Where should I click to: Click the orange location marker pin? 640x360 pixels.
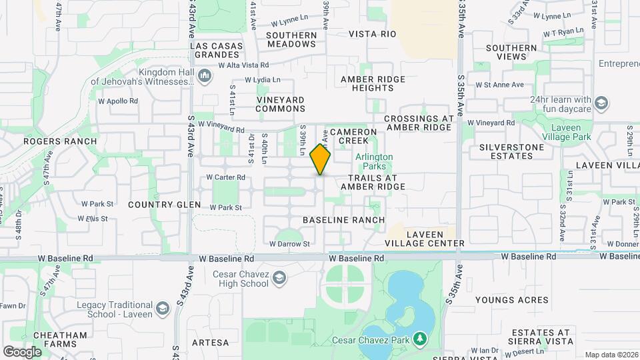[321, 159]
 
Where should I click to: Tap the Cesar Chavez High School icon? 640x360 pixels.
[280, 277]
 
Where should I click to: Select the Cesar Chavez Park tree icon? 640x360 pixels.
[419, 340]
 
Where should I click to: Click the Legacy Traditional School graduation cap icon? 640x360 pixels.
[162, 309]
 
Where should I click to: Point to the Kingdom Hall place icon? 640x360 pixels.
[204, 77]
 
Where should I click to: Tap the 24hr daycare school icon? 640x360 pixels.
[602, 103]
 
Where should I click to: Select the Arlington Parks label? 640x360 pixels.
[373, 161]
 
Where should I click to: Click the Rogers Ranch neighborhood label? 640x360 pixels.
[60, 141]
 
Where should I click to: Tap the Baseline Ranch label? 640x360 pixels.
[343, 219]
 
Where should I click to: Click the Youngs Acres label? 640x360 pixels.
[512, 300]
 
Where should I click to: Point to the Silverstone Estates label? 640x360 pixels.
[506, 151]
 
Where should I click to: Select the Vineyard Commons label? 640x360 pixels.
[280, 104]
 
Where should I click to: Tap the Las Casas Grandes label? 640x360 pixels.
[215, 51]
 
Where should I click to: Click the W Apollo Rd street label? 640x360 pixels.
[118, 101]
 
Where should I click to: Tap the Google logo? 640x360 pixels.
[22, 351]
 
